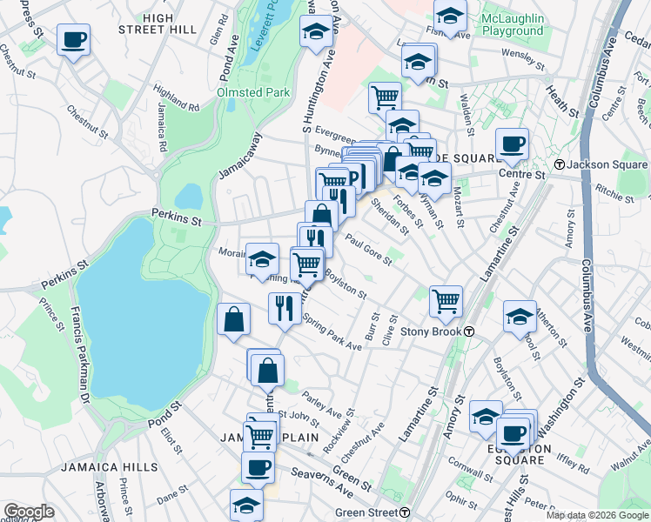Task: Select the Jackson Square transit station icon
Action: pos(559,164)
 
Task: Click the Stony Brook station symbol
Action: pos(468,331)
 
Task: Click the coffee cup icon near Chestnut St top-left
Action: pos(73,39)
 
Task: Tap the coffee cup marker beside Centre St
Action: pos(512,144)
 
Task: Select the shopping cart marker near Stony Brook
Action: pos(446,301)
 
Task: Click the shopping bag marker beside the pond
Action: pos(234,318)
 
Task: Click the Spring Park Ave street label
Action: pos(332,333)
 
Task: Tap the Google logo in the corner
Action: pos(29,512)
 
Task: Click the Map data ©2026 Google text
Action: pos(597,515)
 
